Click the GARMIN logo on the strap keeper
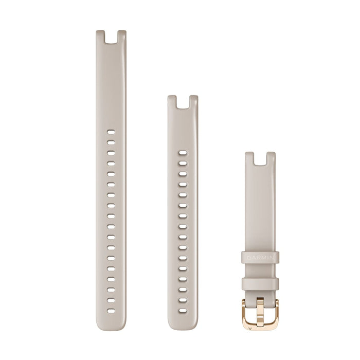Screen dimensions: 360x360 pos(260,258)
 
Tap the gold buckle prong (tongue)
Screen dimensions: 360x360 pos(260,312)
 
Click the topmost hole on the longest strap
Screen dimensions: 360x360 pos(111,132)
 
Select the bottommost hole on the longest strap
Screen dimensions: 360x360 pos(111,311)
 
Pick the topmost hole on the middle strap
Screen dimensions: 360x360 pos(183,153)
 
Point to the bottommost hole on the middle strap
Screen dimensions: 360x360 pos(183,311)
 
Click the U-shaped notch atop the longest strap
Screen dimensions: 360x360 pos(111,37)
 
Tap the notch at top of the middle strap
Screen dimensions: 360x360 pos(183,102)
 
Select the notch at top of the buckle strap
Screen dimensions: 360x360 pos(260,159)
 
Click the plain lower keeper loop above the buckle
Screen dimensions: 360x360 pos(260,284)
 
